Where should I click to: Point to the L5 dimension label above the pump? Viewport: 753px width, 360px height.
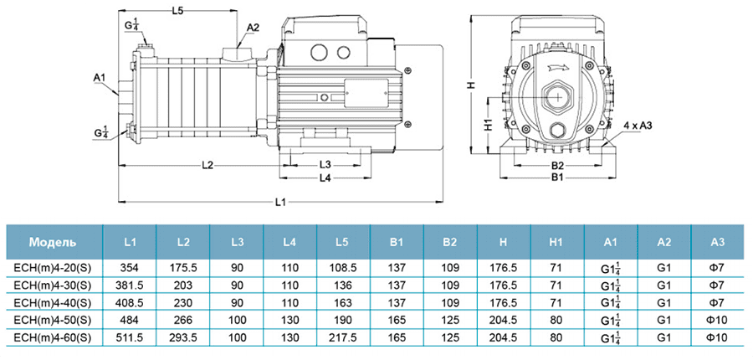click(177, 11)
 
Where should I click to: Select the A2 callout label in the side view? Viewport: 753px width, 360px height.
click(253, 28)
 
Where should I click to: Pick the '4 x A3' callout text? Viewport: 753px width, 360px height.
click(638, 125)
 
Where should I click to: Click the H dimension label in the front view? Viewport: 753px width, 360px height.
click(471, 86)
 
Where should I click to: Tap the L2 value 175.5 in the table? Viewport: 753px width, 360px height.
click(183, 269)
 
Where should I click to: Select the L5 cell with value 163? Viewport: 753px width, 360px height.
click(342, 302)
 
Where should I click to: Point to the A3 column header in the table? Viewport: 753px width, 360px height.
click(717, 243)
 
